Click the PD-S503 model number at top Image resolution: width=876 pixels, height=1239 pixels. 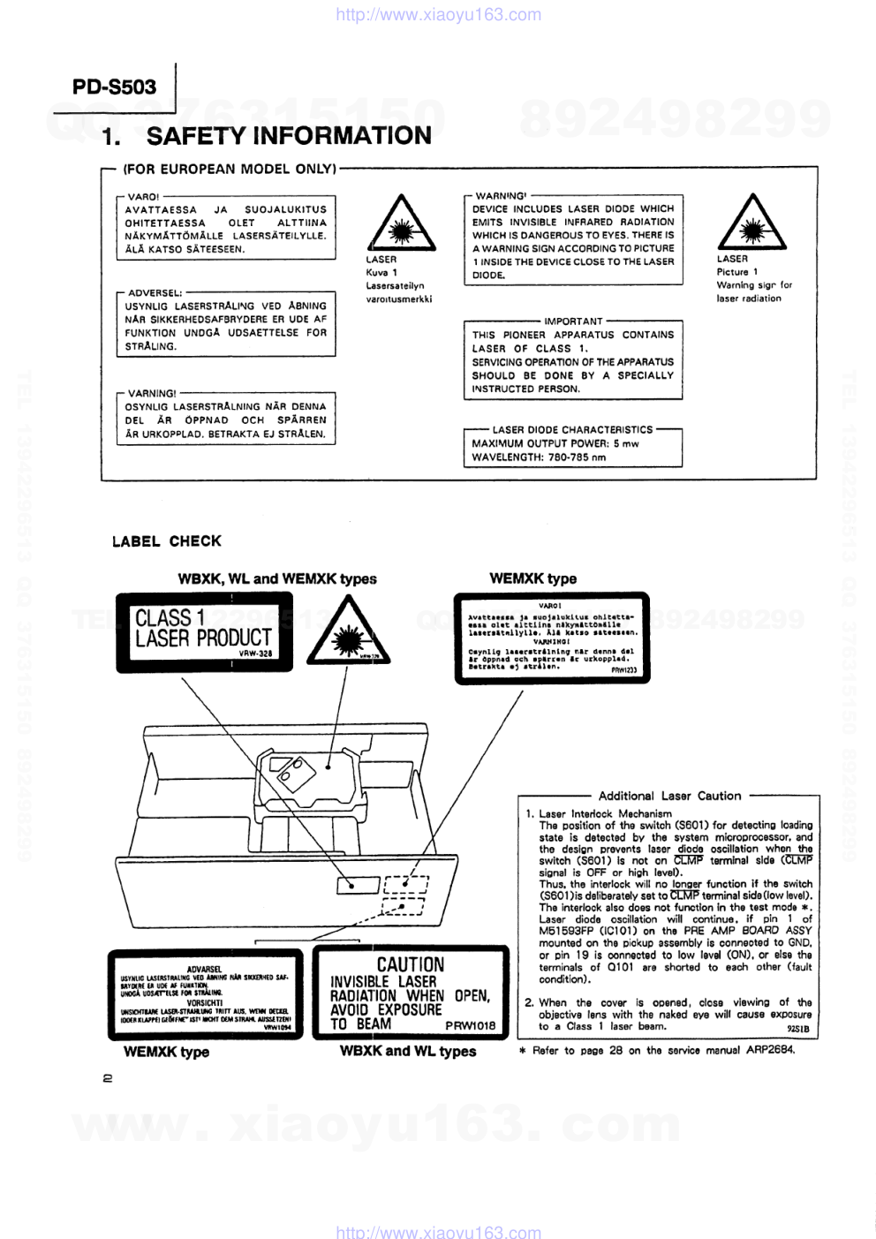coord(114,87)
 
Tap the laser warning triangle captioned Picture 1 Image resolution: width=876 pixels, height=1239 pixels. coord(751,222)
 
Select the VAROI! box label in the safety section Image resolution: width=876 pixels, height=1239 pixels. coord(143,197)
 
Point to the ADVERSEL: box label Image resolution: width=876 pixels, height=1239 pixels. coord(155,292)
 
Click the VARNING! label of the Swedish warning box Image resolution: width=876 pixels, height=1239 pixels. coord(152,393)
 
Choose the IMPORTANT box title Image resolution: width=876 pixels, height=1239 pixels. coord(573,321)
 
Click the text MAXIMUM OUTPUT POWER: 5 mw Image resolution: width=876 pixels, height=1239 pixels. coord(555,443)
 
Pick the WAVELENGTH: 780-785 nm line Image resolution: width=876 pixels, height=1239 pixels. coord(539,457)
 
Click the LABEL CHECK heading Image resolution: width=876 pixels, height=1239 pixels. coord(167,541)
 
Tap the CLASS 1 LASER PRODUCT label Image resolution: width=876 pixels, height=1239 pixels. coord(204,630)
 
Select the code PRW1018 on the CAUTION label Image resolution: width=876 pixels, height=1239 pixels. coord(471,1026)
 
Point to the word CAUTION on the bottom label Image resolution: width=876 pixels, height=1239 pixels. coord(411,964)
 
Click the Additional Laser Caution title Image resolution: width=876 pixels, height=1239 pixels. coord(669,796)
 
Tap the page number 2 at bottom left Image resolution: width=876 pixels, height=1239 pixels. coord(108,1077)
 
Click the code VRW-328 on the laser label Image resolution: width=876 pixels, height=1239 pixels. coord(255,654)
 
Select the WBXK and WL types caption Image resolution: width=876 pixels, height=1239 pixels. coord(408,1051)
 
